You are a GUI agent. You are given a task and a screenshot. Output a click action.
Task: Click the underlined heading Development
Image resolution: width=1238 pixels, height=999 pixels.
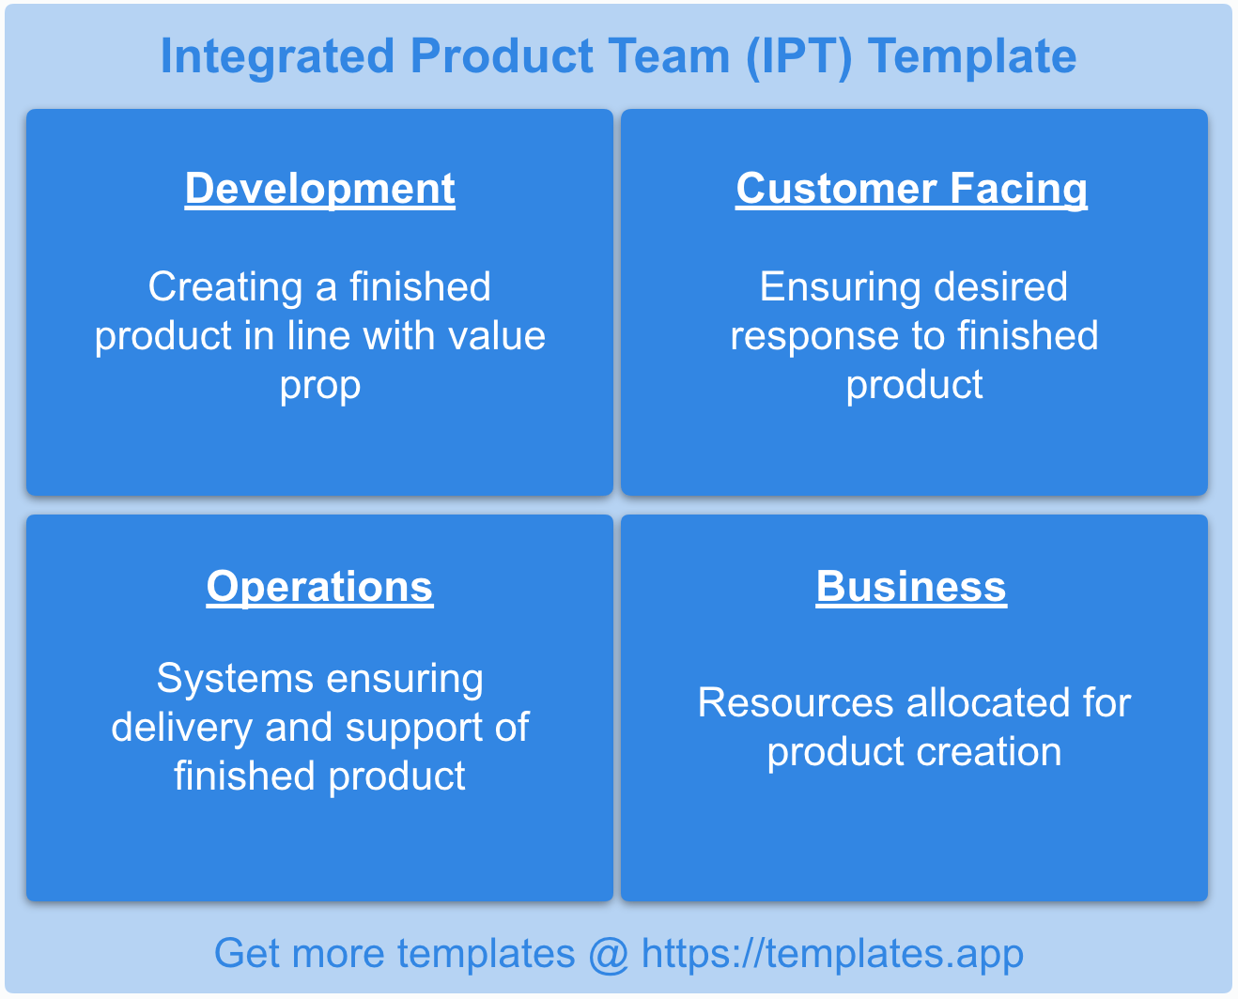pyautogui.click(x=319, y=189)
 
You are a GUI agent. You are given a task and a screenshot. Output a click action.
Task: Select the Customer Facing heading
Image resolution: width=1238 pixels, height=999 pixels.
pyautogui.click(x=911, y=189)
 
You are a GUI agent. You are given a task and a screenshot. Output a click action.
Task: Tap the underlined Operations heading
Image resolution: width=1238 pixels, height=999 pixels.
pyautogui.click(x=319, y=587)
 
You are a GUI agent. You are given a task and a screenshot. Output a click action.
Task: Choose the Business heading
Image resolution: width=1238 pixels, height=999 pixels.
pyautogui.click(x=911, y=587)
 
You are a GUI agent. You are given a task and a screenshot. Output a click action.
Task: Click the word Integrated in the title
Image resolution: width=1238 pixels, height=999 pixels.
pyautogui.click(x=277, y=56)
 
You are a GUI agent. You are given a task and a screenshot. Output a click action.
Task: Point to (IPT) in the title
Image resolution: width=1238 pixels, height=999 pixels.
pyautogui.click(x=798, y=56)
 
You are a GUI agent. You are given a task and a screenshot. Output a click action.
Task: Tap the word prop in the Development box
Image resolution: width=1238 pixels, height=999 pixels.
pyautogui.click(x=320, y=386)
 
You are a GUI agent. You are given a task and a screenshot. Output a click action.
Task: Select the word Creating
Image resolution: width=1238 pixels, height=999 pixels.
pyautogui.click(x=225, y=287)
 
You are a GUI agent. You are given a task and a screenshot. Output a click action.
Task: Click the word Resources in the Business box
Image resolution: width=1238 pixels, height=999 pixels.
pyautogui.click(x=795, y=703)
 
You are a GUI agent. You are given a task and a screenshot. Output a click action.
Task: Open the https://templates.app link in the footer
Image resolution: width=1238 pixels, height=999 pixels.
pyautogui.click(x=832, y=954)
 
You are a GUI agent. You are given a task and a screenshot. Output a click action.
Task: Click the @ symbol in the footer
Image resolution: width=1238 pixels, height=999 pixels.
pyautogui.click(x=608, y=955)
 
